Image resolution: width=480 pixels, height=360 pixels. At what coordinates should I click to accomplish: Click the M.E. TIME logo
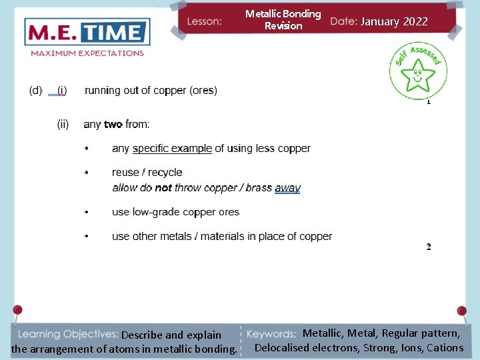tap(87, 33)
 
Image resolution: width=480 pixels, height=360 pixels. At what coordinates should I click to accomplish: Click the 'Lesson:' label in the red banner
tap(205, 21)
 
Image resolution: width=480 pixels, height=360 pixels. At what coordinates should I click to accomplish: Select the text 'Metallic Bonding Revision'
tap(283, 19)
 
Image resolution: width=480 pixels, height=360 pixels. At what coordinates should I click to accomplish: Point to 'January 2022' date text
tap(394, 21)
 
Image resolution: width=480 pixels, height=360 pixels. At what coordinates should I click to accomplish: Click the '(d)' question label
tap(36, 91)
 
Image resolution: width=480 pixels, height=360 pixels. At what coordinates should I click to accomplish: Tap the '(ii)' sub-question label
tap(63, 124)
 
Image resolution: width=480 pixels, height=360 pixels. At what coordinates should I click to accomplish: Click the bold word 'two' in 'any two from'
tap(113, 124)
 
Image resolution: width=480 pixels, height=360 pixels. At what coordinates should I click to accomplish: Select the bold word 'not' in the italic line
tap(163, 188)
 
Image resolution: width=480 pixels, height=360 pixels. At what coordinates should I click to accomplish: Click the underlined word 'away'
tap(287, 188)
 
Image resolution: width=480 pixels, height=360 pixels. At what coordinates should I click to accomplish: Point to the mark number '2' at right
tap(429, 247)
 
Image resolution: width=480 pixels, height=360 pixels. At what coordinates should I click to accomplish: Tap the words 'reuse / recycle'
tap(147, 173)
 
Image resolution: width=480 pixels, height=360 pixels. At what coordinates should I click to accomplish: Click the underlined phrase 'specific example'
tap(172, 149)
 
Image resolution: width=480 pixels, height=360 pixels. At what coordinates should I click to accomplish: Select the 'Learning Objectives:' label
tap(67, 334)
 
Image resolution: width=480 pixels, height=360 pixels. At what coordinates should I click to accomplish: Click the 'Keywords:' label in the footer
tap(271, 334)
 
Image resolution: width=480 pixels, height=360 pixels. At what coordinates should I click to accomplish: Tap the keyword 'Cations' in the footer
tap(445, 347)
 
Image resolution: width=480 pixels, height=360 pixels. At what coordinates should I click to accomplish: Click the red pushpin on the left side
tap(18, 310)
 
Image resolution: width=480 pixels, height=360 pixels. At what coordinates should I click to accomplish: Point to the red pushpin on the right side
tap(461, 311)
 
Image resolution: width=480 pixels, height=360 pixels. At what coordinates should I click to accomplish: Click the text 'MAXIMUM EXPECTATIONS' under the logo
tap(87, 53)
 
